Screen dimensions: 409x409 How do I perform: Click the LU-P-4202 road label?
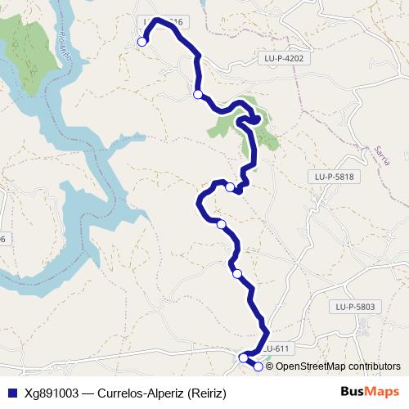[x=285, y=59]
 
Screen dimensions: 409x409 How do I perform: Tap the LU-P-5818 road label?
[x=333, y=176]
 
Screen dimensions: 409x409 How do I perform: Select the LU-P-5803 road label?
[x=354, y=307]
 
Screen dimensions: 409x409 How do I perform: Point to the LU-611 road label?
[x=276, y=348]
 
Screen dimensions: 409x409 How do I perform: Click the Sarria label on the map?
[x=380, y=153]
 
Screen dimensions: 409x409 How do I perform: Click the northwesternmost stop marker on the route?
[x=142, y=42]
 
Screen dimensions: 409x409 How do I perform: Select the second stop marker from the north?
[x=197, y=95]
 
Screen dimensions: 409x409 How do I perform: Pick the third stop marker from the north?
[x=230, y=187]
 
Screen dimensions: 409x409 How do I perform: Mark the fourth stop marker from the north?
[x=221, y=223]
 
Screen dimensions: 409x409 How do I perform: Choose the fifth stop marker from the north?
[x=237, y=273]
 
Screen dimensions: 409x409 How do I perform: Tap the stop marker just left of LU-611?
[x=243, y=357]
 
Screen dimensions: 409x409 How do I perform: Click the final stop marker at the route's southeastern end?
[x=258, y=366]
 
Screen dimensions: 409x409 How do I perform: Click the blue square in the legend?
[x=11, y=392]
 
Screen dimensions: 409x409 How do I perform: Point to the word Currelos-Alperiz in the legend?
[x=141, y=392]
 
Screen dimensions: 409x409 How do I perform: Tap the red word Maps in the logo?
[x=380, y=391]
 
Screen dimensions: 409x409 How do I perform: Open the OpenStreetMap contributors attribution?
[x=338, y=366]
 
